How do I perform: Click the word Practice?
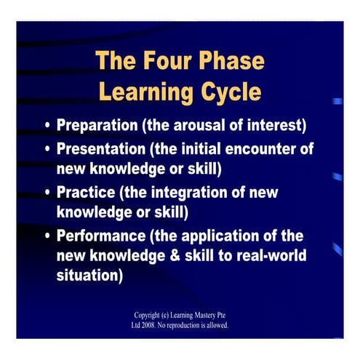coord(84,193)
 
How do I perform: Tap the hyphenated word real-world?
coord(265,257)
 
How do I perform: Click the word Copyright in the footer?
coord(149,315)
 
